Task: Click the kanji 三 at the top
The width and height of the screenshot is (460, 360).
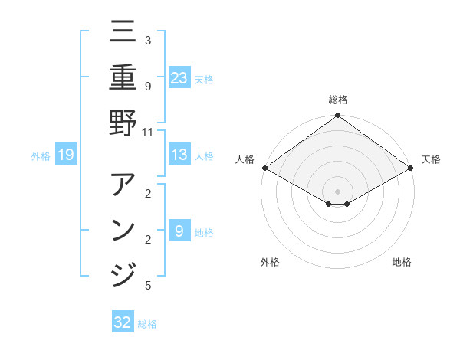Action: click(x=123, y=32)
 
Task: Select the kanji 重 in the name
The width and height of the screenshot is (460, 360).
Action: click(x=123, y=77)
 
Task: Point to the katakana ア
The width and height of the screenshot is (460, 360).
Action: click(x=123, y=185)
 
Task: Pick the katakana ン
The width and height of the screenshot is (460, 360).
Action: click(x=123, y=230)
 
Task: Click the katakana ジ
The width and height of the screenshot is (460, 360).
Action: click(x=123, y=274)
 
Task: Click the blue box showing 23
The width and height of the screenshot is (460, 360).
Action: click(x=179, y=77)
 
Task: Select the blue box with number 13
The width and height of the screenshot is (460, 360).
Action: click(x=179, y=155)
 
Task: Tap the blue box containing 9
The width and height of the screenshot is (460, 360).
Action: click(x=179, y=231)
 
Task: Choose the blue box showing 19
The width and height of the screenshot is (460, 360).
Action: click(x=66, y=155)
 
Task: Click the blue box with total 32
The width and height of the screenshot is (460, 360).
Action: click(x=123, y=322)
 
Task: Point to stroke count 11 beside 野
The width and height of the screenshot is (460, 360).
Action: click(x=147, y=131)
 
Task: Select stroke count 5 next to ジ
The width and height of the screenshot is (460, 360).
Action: click(x=147, y=286)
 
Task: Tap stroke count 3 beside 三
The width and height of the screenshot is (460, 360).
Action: click(x=147, y=40)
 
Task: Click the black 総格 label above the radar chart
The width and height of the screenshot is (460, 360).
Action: click(x=337, y=100)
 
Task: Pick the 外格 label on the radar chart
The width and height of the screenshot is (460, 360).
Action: click(x=270, y=262)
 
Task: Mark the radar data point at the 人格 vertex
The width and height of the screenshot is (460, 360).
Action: click(x=264, y=168)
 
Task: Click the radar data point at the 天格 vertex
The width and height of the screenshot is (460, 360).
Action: click(x=411, y=168)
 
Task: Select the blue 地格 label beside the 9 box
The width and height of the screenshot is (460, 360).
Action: click(x=204, y=232)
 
